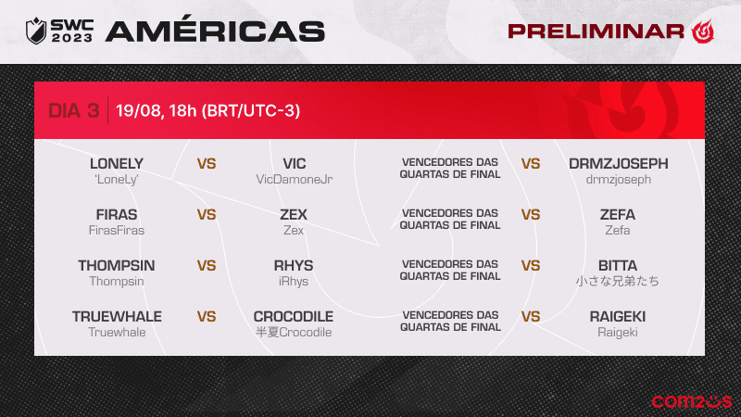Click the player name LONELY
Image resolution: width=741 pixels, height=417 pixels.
coord(117,164)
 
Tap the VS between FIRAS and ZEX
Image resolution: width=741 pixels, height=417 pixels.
coord(207,215)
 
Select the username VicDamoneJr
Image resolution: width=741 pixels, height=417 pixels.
coord(294,179)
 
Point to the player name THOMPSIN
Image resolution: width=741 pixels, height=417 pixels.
coord(117,266)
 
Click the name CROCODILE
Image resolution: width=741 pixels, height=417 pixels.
coord(294,317)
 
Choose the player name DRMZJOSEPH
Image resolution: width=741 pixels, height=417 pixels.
coord(618,164)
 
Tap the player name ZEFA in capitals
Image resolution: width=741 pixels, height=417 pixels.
coord(618,215)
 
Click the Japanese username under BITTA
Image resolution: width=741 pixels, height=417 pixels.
coord(617,282)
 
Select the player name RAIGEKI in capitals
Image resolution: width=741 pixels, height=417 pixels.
coord(618,317)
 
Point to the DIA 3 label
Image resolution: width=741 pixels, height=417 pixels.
coord(74,110)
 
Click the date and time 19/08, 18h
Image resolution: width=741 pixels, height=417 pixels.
coord(156,110)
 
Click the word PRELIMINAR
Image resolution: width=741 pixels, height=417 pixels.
coord(596,32)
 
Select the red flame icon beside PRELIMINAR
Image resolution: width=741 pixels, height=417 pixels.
coord(703,32)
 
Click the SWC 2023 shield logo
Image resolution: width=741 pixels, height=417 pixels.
coord(36,31)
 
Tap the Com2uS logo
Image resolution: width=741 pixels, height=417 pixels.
coord(691,401)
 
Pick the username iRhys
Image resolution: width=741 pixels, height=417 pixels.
coord(294,282)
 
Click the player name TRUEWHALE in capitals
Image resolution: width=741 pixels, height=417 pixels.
coord(117,317)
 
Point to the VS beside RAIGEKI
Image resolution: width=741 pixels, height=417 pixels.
coord(531,317)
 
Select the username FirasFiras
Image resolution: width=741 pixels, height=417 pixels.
coord(117,230)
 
